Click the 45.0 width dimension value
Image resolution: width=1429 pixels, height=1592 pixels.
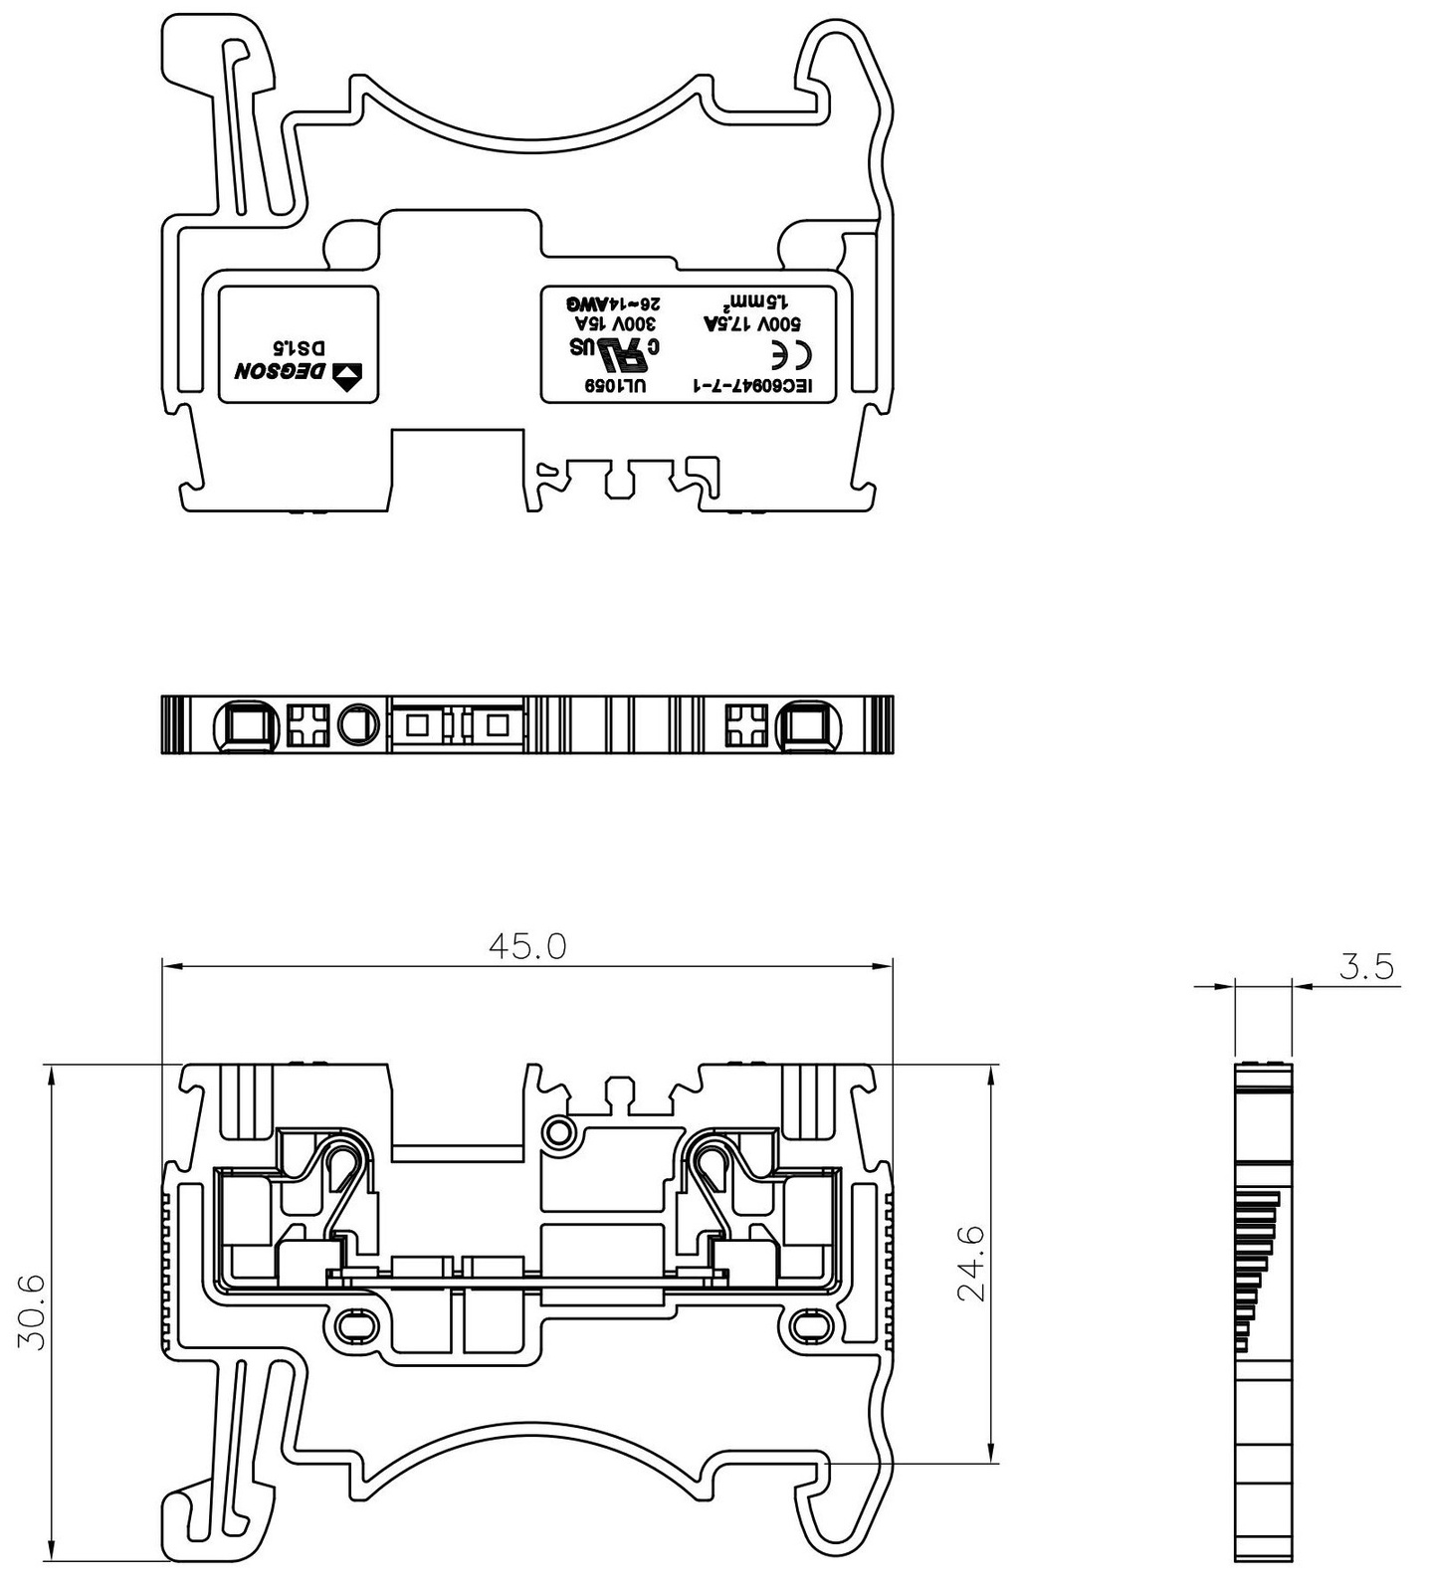click(x=527, y=945)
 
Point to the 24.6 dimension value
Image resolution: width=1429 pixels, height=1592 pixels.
click(x=970, y=1263)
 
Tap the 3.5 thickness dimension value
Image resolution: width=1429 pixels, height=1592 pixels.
click(x=1366, y=967)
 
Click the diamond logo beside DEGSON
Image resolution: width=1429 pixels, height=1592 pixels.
click(x=348, y=374)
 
